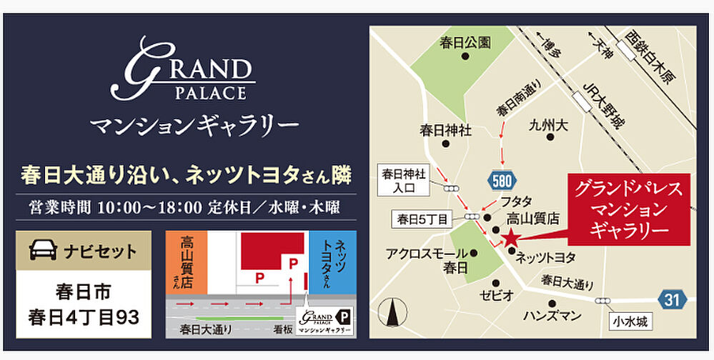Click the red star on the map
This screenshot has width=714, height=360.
(511, 239)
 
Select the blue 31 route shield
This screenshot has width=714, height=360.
(671, 301)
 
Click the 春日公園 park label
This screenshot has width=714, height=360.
(465, 43)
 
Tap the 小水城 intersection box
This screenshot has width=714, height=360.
(630, 323)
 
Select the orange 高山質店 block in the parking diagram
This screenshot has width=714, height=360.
(187, 261)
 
